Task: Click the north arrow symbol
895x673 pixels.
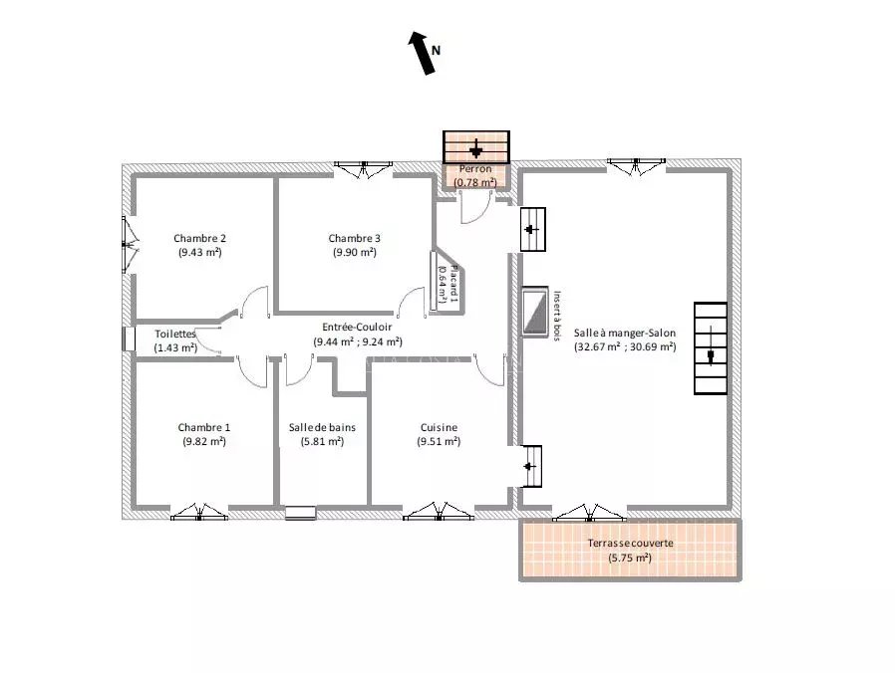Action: [x=422, y=53]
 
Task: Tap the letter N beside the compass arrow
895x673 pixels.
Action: [x=437, y=50]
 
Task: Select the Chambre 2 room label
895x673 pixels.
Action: [x=199, y=238]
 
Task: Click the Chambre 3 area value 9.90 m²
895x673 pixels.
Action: [x=355, y=252]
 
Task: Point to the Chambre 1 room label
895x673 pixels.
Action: [x=203, y=427]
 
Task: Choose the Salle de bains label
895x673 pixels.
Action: [x=322, y=427]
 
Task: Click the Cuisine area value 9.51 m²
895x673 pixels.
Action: [x=439, y=441]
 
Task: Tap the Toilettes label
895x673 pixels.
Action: [x=175, y=334]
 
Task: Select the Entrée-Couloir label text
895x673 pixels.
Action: [x=357, y=327]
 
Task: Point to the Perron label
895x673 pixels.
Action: [x=475, y=169]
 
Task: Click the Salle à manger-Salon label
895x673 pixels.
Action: [x=625, y=333]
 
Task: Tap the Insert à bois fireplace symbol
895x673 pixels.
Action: [x=535, y=312]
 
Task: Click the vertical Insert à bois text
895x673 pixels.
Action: [x=557, y=316]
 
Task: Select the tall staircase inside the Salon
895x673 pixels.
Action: [x=711, y=347]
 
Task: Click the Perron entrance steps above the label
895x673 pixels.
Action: [x=476, y=147]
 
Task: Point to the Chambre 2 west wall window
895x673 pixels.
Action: [x=129, y=245]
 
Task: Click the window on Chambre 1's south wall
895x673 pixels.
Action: [x=198, y=512]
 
